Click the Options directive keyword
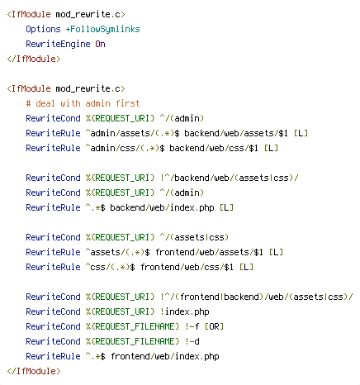43,29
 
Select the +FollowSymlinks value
102,29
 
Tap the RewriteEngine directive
58,44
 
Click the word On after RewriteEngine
100,44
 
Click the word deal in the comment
45,103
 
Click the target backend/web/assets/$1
236,133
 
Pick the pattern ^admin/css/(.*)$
125,148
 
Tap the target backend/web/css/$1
214,148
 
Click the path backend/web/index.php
162,207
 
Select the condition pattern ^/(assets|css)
194,237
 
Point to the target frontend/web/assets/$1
209,252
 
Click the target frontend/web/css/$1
187,267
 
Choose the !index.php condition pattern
185,311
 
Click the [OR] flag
214,326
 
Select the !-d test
192,341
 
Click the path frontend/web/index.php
165,356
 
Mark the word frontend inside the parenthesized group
200,297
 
